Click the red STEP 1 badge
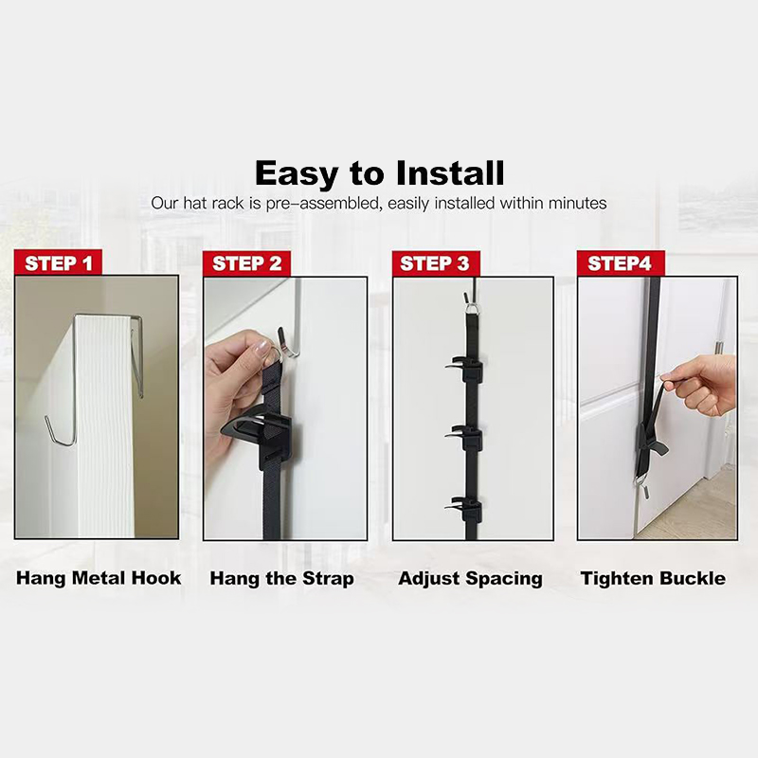click(x=58, y=262)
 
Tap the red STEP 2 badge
click(x=246, y=263)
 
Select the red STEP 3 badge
click(x=436, y=263)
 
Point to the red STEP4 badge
click(x=621, y=263)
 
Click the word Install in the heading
click(x=450, y=173)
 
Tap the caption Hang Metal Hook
click(x=99, y=578)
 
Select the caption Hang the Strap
click(x=281, y=579)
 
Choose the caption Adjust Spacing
click(x=470, y=579)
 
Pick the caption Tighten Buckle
click(x=653, y=578)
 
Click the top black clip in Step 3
click(x=464, y=369)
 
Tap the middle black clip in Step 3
click(x=464, y=437)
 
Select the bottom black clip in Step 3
click(x=464, y=508)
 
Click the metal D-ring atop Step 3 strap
click(x=473, y=307)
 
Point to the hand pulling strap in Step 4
click(x=701, y=386)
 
